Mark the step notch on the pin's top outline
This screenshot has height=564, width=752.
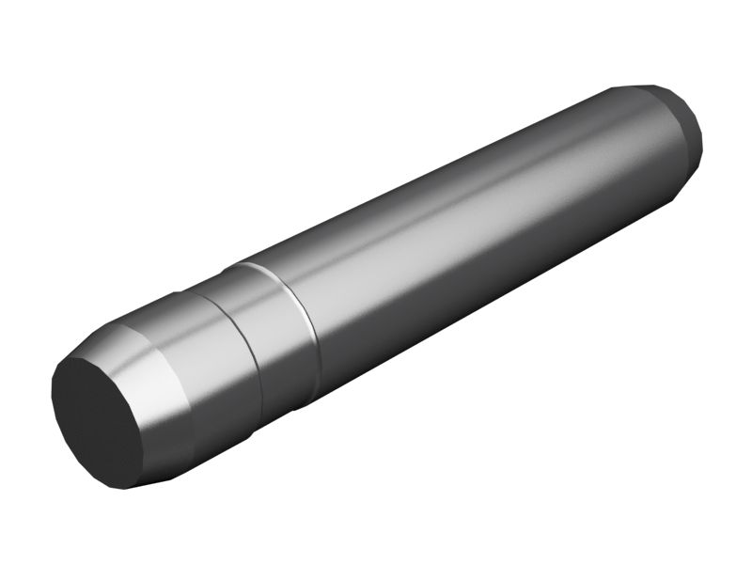pyautogui.click(x=229, y=269)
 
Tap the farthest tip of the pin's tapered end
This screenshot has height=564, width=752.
pyautogui.click(x=703, y=132)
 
